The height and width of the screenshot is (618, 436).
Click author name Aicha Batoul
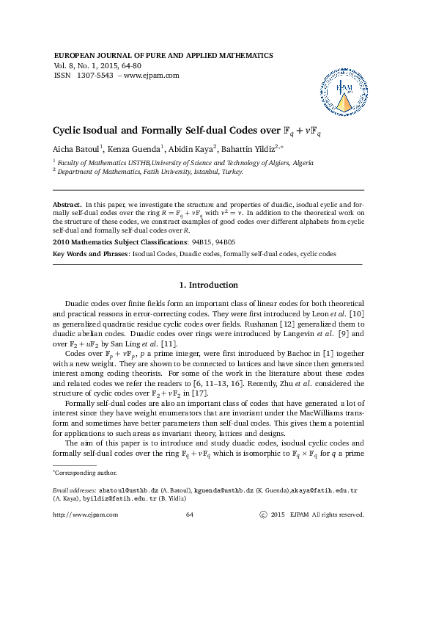point(75,150)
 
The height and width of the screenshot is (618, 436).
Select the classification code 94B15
point(200,241)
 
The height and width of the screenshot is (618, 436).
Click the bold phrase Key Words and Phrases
point(91,254)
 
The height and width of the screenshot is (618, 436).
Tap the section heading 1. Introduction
point(208,285)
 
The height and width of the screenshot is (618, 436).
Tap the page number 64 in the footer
point(189,515)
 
